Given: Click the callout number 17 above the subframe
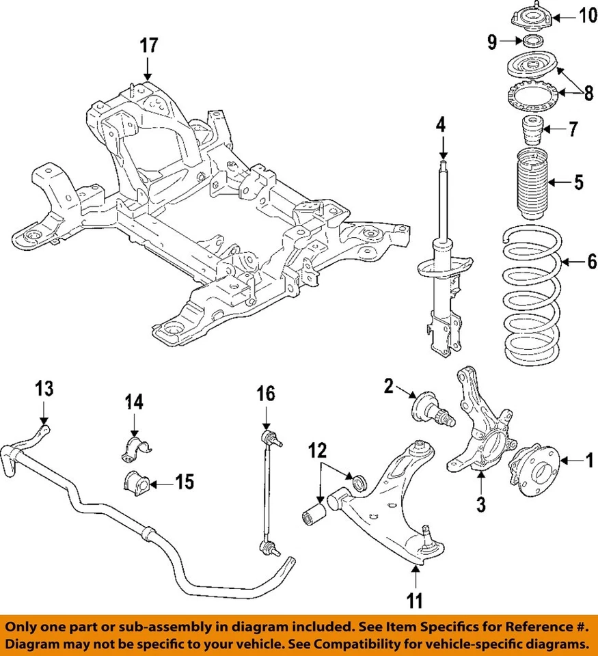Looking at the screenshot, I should pyautogui.click(x=149, y=46).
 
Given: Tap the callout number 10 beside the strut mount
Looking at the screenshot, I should pyautogui.click(x=587, y=15).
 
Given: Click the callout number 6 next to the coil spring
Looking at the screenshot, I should pyautogui.click(x=591, y=261).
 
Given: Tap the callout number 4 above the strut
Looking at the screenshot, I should pyautogui.click(x=441, y=124).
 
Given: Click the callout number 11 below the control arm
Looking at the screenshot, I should pyautogui.click(x=415, y=601).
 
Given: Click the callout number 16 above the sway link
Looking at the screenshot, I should pyautogui.click(x=265, y=394).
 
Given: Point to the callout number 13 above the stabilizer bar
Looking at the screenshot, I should pyautogui.click(x=44, y=389).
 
